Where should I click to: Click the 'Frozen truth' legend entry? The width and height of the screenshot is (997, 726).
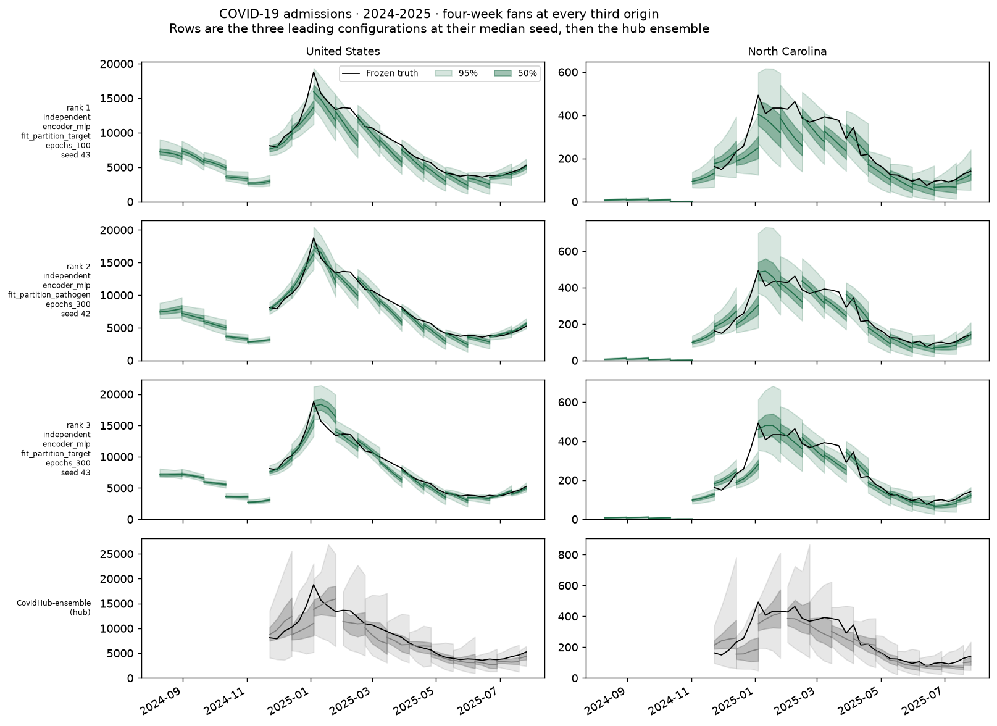coord(380,73)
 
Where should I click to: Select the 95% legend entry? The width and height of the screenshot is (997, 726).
coord(456,73)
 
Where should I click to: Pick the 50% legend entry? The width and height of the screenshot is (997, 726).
coord(516,73)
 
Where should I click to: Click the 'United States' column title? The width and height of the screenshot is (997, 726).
coord(343,51)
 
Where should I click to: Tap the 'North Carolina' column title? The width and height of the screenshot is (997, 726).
coord(787,51)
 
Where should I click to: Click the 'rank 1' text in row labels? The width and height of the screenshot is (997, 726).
coord(78,107)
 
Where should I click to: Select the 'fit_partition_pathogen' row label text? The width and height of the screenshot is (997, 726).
coord(49,294)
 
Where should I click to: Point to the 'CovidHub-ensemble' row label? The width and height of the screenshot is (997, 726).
coord(54,603)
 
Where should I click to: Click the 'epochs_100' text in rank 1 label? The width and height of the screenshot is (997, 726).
coord(68,146)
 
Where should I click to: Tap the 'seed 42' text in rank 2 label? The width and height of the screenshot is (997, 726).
coord(76,314)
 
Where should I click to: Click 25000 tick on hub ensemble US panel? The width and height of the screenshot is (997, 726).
coord(117,554)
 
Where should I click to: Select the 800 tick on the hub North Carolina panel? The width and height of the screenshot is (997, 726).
coord(570,554)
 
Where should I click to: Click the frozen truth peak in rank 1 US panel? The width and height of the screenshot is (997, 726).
coord(314,72)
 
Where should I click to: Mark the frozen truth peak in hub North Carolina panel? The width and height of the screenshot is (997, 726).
coord(758,602)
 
